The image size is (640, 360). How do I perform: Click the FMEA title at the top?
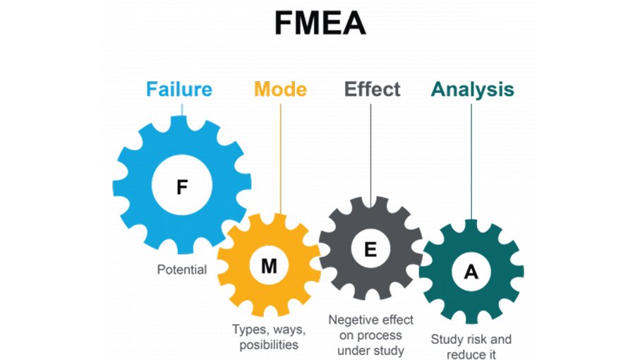pyautogui.click(x=320, y=24)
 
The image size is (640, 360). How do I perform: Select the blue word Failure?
pyautogui.click(x=179, y=90)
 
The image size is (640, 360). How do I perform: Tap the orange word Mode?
pyautogui.click(x=280, y=90)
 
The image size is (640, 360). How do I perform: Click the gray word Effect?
pyautogui.click(x=372, y=90)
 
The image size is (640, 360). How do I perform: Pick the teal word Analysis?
pyautogui.click(x=472, y=90)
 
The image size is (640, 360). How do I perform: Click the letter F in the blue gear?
pyautogui.click(x=182, y=187)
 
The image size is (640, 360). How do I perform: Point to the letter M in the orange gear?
pyautogui.click(x=269, y=266)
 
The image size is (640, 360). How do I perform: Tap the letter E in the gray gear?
pyautogui.click(x=370, y=249)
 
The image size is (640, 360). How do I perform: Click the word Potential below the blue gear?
pyautogui.click(x=182, y=270)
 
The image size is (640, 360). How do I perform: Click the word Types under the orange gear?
pyautogui.click(x=248, y=330)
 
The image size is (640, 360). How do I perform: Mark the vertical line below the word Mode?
pyautogui.click(x=280, y=155)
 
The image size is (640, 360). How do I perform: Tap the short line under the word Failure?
pyautogui.click(x=183, y=109)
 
